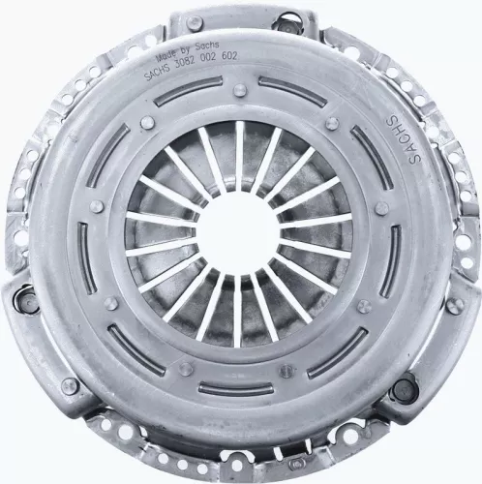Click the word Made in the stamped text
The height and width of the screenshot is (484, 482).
[157, 49]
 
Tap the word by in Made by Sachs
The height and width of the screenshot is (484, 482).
[181, 49]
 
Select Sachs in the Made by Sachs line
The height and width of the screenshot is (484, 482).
[202, 50]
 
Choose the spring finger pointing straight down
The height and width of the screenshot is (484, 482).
[239, 310]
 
